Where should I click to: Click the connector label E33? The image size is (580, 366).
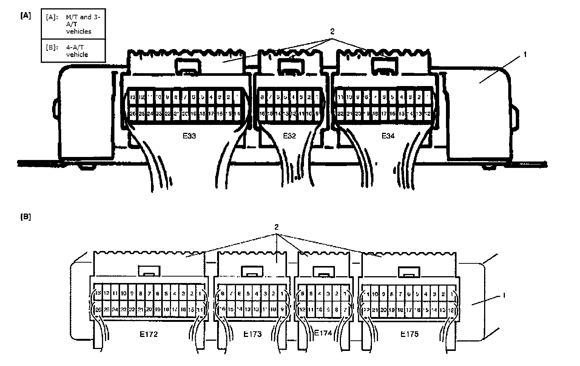tap(189, 136)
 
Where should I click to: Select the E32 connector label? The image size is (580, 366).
tap(289, 136)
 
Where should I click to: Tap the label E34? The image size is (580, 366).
tap(388, 136)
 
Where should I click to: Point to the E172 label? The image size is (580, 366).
tap(147, 334)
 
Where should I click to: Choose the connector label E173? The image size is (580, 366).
tap(252, 334)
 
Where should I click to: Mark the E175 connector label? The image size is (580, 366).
tap(409, 334)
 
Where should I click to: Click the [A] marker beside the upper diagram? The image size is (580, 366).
tap(26, 15)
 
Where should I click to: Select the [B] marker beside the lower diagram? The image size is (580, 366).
tap(26, 217)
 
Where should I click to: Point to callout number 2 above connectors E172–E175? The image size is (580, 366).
tap(276, 227)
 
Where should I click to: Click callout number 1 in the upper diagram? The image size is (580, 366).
tap(524, 55)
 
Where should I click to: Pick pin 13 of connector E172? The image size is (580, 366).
tap(98, 293)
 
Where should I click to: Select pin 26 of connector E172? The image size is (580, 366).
tap(98, 310)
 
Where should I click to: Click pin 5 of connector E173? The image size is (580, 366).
tap(248, 294)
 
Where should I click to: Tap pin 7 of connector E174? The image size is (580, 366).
tap(345, 310)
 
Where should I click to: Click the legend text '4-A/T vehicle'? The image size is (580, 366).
tap(77, 51)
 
